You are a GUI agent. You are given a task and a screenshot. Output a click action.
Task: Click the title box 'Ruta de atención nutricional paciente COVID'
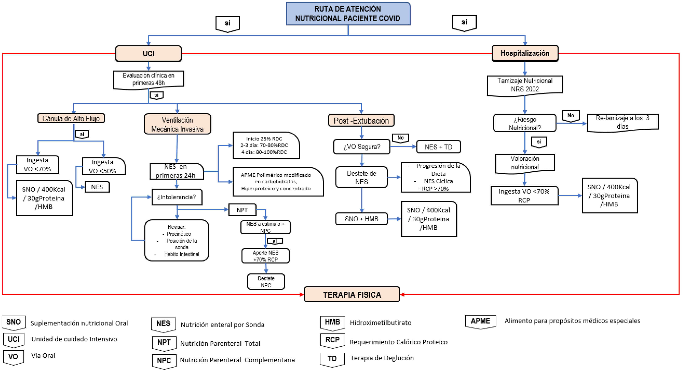point(348,14)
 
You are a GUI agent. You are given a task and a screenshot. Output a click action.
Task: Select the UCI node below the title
point(149,53)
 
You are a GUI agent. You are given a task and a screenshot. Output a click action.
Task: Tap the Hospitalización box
point(525,53)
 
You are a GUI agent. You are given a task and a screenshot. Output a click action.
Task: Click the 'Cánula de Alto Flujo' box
point(71,118)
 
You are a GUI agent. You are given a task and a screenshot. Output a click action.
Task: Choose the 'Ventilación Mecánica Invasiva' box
point(177,124)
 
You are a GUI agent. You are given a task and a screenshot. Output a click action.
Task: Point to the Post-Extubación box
point(361,121)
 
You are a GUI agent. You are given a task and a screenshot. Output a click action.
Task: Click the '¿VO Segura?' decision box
point(362,146)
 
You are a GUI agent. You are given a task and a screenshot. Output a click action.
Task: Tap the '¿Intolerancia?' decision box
point(177,197)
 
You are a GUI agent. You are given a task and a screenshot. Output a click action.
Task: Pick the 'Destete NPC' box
point(266,282)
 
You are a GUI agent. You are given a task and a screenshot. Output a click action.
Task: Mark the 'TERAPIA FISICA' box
point(352,294)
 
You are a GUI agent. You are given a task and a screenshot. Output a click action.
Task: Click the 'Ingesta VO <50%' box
point(103,166)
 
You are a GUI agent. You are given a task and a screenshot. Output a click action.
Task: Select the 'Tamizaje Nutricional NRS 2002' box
point(525,85)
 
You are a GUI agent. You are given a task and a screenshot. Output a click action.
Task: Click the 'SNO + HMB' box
point(361,219)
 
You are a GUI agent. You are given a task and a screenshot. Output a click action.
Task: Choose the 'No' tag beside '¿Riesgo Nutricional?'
point(571,116)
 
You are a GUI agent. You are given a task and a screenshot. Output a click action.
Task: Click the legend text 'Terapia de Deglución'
point(382,358)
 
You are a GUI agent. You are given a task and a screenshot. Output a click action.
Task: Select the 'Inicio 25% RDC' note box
point(266,145)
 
